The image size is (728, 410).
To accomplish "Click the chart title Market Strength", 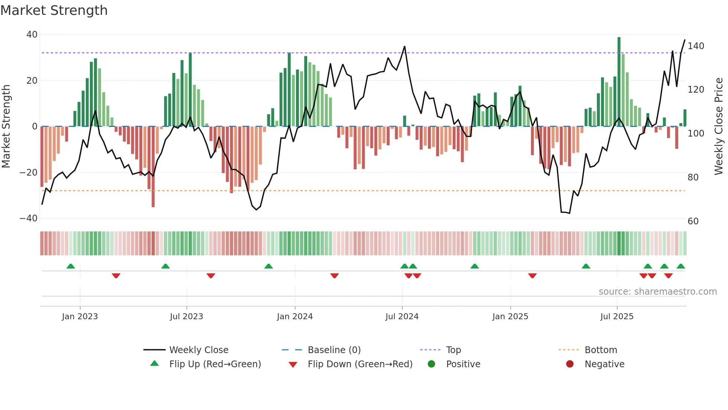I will [54, 10].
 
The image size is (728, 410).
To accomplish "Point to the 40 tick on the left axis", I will [32, 35].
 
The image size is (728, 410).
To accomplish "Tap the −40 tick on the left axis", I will [29, 218].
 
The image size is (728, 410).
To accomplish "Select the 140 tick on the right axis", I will [696, 46].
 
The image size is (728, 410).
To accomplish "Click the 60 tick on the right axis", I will [693, 221].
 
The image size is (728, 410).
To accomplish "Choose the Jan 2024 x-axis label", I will [295, 317].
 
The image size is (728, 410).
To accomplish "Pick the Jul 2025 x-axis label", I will [617, 317].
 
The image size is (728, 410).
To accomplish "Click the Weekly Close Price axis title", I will [719, 126].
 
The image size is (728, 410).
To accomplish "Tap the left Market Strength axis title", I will [6, 126].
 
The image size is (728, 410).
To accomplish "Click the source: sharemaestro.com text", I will [657, 292].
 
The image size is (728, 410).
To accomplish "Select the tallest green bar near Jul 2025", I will [619, 82].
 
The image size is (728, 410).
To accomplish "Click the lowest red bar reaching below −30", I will [153, 167].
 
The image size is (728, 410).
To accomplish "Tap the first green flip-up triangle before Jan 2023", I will [71, 266].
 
